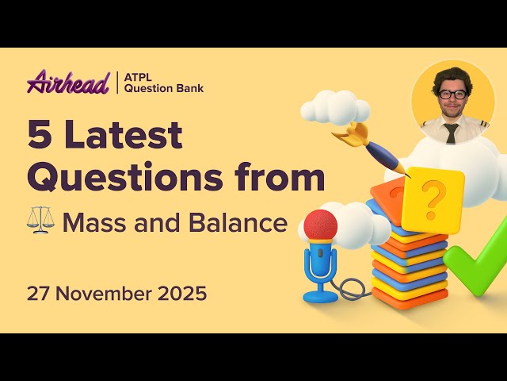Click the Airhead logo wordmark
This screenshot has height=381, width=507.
tap(67, 82)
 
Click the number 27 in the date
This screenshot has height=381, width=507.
tap(38, 293)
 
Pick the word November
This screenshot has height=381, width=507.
tap(106, 293)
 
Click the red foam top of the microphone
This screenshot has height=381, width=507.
tap(320, 225)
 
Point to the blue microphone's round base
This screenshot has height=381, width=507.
tap(320, 296)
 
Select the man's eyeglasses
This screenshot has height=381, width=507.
tap(452, 94)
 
